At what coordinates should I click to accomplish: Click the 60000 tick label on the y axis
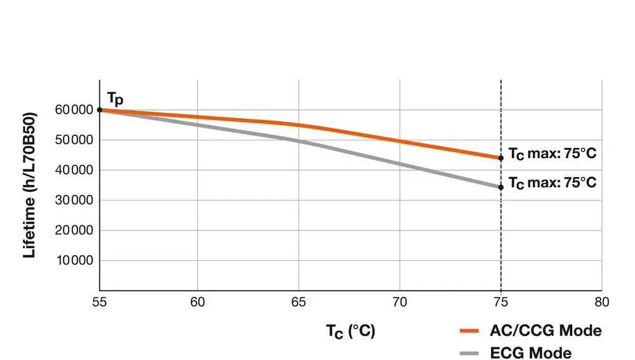73,110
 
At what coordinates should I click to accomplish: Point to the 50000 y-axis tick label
73,140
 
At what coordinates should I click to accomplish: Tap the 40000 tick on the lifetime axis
73,170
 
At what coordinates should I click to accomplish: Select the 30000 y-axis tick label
73,201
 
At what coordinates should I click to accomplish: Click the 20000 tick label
73,230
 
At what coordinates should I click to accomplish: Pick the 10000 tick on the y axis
73,260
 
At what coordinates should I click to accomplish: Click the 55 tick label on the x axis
99,302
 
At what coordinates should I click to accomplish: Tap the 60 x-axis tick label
197,302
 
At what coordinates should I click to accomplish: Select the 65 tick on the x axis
298,302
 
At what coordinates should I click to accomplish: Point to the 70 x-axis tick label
399,302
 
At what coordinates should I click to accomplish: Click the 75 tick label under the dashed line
501,302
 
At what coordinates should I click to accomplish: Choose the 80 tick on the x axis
601,302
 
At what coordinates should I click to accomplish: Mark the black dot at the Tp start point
100,110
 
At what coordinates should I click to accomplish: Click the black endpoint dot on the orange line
501,158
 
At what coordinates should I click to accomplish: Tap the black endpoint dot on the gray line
501,187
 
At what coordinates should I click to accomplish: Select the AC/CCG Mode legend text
545,331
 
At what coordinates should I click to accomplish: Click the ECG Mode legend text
531,352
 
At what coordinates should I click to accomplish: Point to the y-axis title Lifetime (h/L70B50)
29,184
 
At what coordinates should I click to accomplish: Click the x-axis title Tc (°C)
351,331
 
